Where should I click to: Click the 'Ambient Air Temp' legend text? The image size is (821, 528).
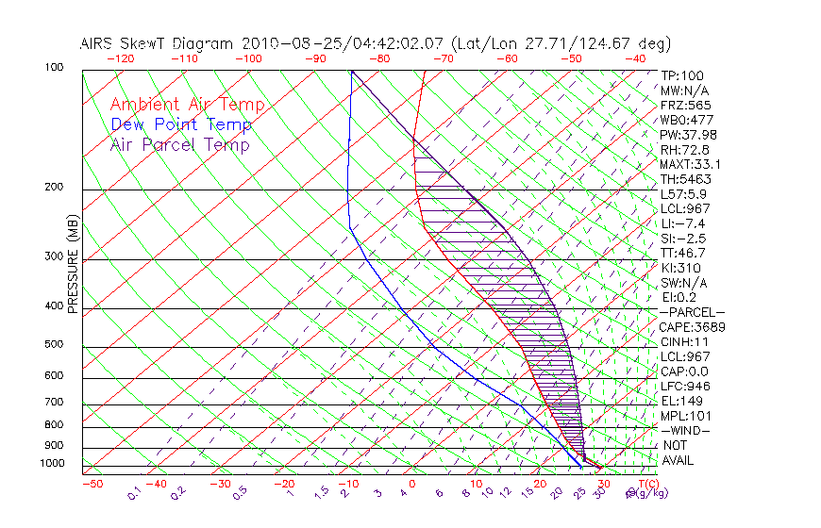tap(187, 105)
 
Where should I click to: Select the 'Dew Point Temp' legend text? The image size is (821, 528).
tap(181, 124)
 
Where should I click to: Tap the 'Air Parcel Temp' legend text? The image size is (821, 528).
tap(179, 144)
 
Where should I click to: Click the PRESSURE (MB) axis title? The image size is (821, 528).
tap(72, 269)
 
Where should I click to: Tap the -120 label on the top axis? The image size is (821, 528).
tap(120, 58)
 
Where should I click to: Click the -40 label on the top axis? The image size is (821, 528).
tap(635, 58)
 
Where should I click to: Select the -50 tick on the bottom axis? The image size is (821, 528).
tap(92, 485)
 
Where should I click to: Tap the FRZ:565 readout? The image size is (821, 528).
tap(686, 106)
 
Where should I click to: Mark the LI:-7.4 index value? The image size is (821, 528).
tap(684, 223)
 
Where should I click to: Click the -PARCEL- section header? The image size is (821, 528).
tap(692, 312)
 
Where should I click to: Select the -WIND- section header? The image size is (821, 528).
tap(686, 430)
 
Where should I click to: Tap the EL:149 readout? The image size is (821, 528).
tap(681, 401)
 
